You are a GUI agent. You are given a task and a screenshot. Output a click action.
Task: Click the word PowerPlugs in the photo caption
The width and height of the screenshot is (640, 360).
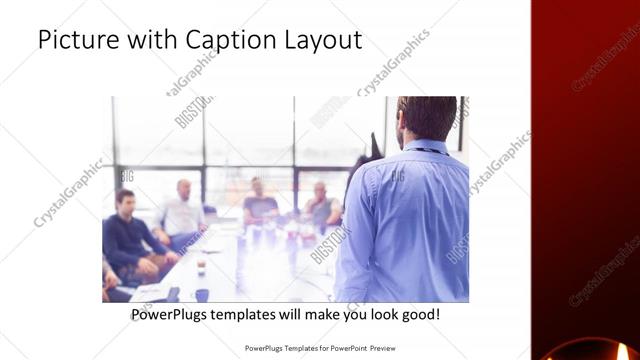tap(171, 315)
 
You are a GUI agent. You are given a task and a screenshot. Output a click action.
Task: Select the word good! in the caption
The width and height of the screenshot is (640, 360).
tap(418, 315)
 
